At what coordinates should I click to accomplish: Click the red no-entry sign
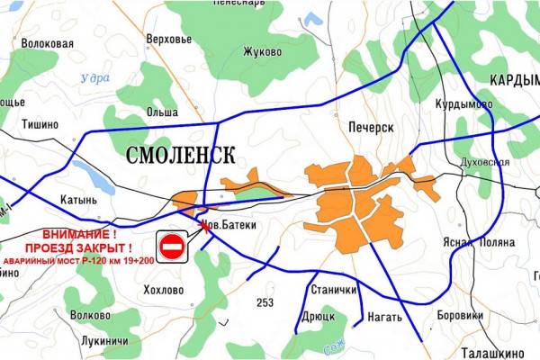tap(172, 246)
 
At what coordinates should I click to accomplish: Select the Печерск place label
tap(371, 128)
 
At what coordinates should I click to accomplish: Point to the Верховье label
tap(168, 40)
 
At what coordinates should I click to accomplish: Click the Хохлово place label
tap(164, 290)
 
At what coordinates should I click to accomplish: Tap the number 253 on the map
tap(265, 301)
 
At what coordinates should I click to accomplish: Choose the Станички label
tap(334, 290)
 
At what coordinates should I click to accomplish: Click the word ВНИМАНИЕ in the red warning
tap(79, 233)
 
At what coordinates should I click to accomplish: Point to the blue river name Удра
tap(94, 77)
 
